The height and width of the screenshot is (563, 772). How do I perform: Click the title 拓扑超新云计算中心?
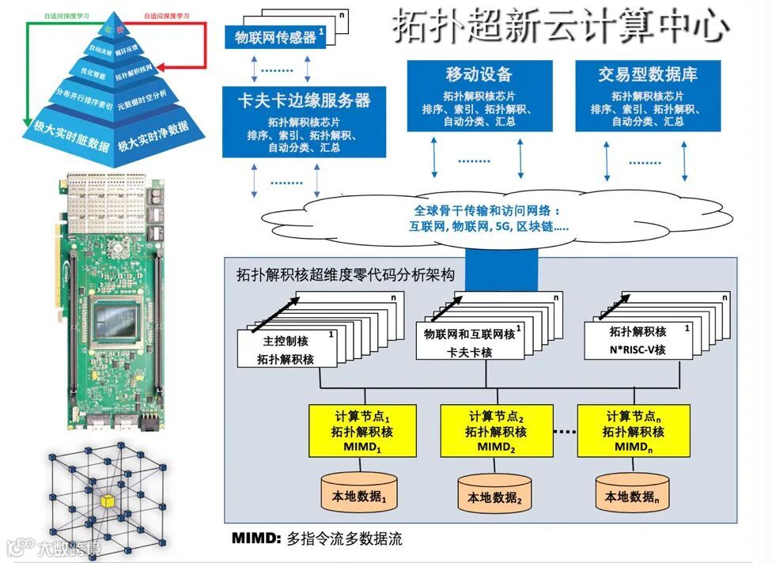pyautogui.click(x=560, y=27)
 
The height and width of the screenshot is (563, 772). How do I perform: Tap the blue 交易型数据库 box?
pyautogui.click(x=647, y=96)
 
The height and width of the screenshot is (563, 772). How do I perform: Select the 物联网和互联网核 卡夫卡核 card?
pyautogui.click(x=469, y=342)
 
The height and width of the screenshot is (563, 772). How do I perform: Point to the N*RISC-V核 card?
pyautogui.click(x=638, y=341)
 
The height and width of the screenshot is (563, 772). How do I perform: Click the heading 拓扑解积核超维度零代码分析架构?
pyautogui.click(x=346, y=276)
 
